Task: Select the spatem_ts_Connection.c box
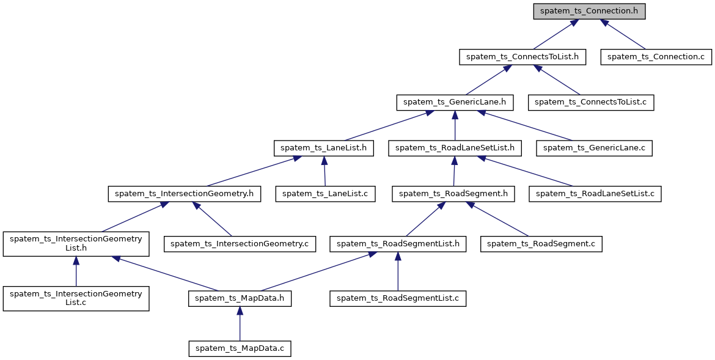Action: click(x=656, y=57)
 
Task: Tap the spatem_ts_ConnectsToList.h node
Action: click(x=522, y=57)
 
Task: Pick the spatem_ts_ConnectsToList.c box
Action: click(x=591, y=102)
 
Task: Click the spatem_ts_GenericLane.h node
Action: click(x=455, y=102)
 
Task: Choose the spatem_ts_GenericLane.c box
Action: click(x=594, y=148)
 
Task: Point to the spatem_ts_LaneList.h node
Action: click(x=323, y=148)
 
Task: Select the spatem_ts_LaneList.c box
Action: click(x=326, y=194)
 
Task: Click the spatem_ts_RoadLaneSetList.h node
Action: click(x=455, y=148)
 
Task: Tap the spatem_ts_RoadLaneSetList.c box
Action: click(x=595, y=194)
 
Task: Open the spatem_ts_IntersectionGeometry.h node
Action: click(x=185, y=194)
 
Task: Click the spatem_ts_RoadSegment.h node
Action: click(x=453, y=194)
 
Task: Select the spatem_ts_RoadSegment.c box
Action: click(x=541, y=244)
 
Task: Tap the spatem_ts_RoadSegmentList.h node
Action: click(x=398, y=244)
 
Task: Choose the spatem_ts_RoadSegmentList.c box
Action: click(x=398, y=298)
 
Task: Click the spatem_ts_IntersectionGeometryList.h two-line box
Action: click(x=76, y=243)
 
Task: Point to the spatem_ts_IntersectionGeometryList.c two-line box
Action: click(x=76, y=298)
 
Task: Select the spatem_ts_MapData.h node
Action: click(x=240, y=298)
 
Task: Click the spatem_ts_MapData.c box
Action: click(x=240, y=348)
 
